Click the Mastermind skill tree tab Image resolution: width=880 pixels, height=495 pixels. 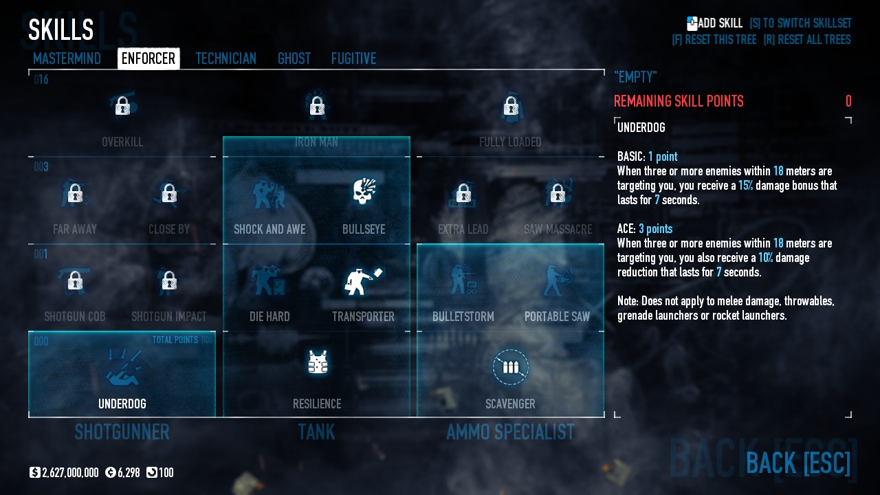point(67,59)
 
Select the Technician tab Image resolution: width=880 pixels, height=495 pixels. point(225,59)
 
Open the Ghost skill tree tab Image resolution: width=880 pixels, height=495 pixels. point(294,59)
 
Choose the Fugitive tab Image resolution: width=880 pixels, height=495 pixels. point(353,59)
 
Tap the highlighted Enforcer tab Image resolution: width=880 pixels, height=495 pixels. point(148,59)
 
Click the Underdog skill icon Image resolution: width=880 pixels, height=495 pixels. point(122,368)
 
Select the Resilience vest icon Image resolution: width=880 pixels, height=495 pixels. point(317,362)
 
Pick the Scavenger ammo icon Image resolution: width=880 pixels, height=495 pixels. point(510,367)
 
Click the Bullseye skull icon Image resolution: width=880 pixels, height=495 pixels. point(364,193)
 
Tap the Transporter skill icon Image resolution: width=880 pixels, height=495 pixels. point(362,280)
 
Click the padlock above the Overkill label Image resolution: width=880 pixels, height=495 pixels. point(122,106)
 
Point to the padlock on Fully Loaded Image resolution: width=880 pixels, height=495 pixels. point(510,106)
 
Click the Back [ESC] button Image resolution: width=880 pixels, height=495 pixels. point(797,463)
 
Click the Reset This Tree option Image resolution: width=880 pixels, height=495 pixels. point(714,40)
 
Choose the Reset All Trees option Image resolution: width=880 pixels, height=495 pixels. point(806,40)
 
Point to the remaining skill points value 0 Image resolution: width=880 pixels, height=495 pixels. point(848,102)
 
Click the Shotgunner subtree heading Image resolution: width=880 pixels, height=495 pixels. point(122,432)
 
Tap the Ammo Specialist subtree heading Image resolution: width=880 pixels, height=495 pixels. point(510,432)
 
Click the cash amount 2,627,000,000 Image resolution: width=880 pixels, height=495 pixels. point(69,473)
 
